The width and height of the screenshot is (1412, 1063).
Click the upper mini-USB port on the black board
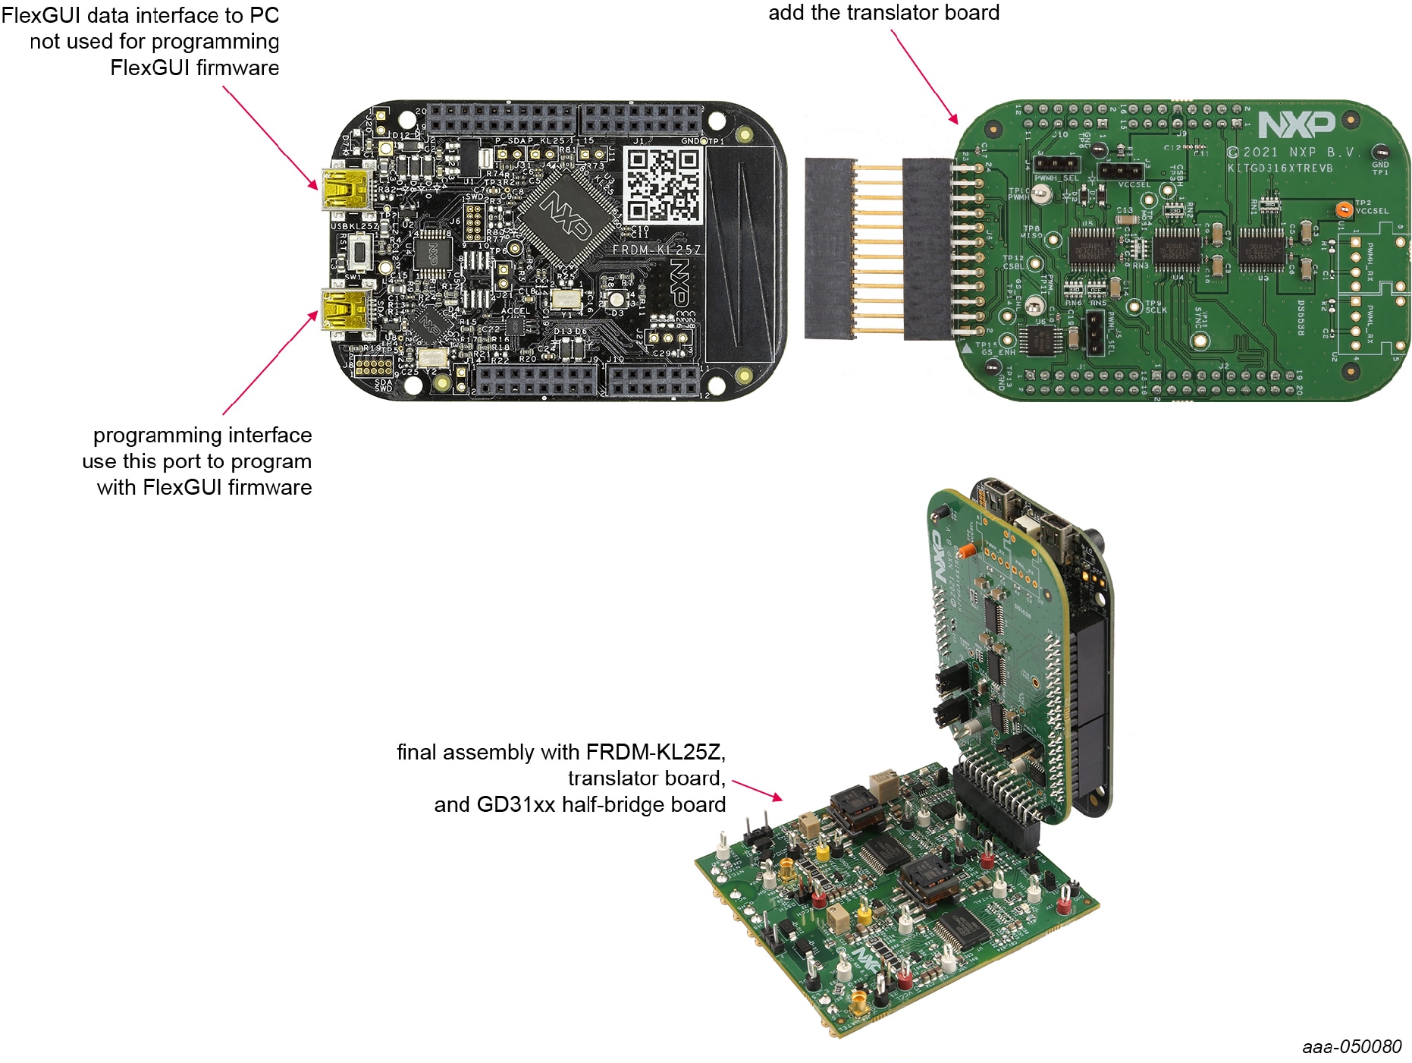(346, 190)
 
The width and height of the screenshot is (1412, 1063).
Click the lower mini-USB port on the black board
(346, 310)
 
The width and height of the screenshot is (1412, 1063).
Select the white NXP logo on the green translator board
(1297, 124)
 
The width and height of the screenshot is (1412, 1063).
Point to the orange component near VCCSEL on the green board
(1344, 209)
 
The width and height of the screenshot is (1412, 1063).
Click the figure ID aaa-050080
(1351, 1047)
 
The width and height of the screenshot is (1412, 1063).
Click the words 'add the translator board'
(883, 13)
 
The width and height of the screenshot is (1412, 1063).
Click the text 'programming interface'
(202, 436)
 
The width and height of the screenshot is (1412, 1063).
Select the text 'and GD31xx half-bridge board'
(579, 804)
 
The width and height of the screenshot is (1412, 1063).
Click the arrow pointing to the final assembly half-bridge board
(758, 790)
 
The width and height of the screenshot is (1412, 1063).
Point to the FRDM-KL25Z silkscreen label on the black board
(657, 250)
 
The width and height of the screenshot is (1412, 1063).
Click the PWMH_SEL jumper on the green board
(1056, 164)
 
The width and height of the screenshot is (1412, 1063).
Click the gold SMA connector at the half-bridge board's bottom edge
(859, 1004)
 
